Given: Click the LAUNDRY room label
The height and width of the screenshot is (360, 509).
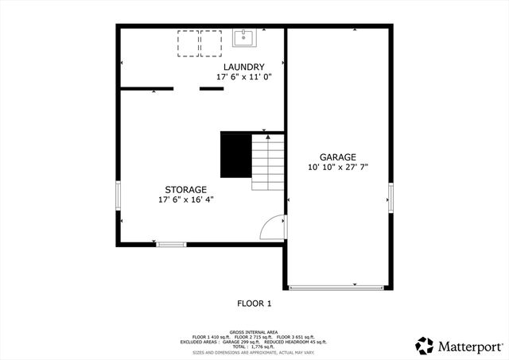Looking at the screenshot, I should (x=243, y=66).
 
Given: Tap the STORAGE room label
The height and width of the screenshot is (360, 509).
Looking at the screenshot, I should (x=185, y=189).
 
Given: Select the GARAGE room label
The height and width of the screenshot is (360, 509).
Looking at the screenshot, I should (x=338, y=157).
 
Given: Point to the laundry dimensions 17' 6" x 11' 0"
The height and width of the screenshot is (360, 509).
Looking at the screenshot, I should (x=243, y=77).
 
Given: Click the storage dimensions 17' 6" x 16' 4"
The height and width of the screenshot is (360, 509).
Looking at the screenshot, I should (x=185, y=199).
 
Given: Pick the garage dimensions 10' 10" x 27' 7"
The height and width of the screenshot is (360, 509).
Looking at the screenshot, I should (x=338, y=167).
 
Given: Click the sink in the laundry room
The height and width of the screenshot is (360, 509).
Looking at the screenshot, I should (x=243, y=37).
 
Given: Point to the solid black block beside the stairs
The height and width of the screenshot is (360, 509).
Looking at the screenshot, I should (x=235, y=156).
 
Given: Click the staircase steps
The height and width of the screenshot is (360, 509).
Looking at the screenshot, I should (x=269, y=162).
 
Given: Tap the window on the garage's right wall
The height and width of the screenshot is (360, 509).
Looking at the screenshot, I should (x=390, y=195).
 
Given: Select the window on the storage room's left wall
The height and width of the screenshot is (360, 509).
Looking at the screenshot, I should (x=119, y=195).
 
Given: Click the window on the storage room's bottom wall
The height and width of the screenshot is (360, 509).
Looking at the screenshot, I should (x=170, y=244).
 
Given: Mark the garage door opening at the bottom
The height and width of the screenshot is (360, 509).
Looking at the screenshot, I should (x=338, y=287).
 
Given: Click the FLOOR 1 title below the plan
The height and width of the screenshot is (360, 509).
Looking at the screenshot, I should (x=254, y=303).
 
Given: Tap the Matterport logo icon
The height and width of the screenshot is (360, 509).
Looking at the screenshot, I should (x=425, y=346).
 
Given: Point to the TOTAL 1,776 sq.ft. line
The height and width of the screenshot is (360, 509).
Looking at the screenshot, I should (x=254, y=346).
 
